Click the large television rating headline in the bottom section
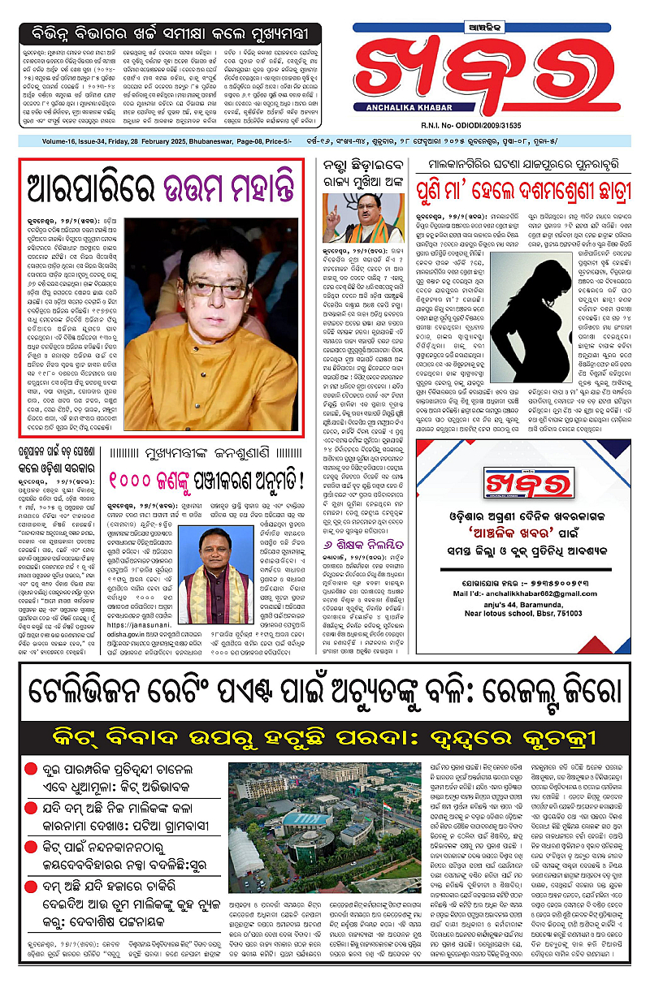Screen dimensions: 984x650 [x=324, y=693]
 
